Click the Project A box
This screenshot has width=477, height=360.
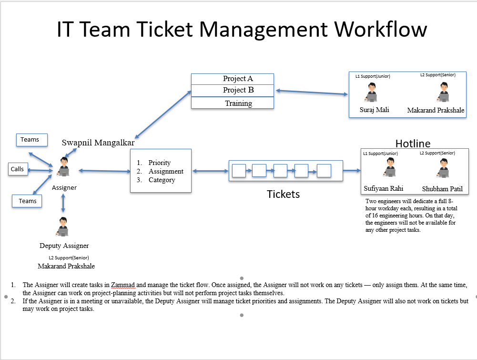233,79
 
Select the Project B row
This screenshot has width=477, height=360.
233,90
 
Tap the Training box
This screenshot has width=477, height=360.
233,103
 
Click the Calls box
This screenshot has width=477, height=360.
17,169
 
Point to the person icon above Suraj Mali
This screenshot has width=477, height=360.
370,93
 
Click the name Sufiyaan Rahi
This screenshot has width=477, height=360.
384,188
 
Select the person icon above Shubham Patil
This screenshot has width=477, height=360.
441,168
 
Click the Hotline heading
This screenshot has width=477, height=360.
413,144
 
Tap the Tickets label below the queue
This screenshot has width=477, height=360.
283,194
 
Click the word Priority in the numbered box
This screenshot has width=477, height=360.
159,163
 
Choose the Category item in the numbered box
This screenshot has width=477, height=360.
162,180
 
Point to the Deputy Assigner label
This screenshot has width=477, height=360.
64,246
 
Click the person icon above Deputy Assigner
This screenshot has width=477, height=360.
62,227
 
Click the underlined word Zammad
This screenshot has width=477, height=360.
123,285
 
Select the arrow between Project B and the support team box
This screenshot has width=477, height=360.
312,93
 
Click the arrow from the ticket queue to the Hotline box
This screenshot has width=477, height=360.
352,170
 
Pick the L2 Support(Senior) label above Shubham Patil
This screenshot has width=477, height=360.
437,153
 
